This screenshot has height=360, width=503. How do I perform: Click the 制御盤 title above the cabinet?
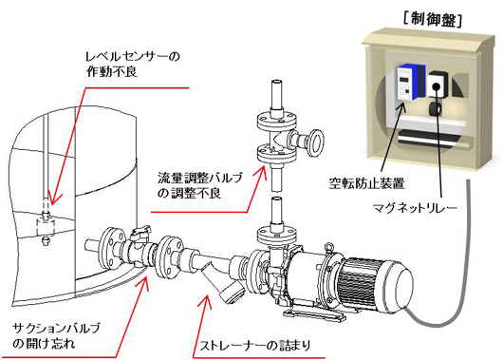pyautogui.click(x=433, y=20)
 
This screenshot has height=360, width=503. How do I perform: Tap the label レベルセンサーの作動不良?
pyautogui.click(x=133, y=65)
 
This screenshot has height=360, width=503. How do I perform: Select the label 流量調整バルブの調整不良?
pyautogui.click(x=200, y=185)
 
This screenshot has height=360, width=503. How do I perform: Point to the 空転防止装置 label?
pyautogui.click(x=366, y=183)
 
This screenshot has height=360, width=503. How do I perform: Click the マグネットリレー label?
pyautogui.click(x=415, y=208)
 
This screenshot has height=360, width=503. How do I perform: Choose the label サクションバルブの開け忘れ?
pyautogui.click(x=56, y=336)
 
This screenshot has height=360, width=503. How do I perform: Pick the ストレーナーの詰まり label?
pyautogui.click(x=255, y=346)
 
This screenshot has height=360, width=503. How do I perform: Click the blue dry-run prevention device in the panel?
pyautogui.click(x=411, y=82)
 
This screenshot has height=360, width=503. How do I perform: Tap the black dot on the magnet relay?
pyautogui.click(x=436, y=86)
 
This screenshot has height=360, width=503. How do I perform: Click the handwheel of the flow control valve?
pyautogui.click(x=316, y=142)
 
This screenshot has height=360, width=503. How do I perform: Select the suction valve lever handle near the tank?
pyautogui.click(x=140, y=231)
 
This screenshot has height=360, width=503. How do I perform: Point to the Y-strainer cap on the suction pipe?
pyautogui.click(x=233, y=292)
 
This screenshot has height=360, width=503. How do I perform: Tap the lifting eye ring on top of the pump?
pyautogui.click(x=329, y=247)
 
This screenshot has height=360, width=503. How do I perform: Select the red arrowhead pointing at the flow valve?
pyautogui.click(x=260, y=172)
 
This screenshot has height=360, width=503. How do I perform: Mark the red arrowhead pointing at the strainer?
pyautogui.click(x=206, y=301)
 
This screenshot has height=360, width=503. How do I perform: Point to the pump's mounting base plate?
pyautogui.click(x=315, y=314)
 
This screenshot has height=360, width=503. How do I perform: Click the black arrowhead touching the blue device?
pyautogui.click(x=401, y=108)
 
